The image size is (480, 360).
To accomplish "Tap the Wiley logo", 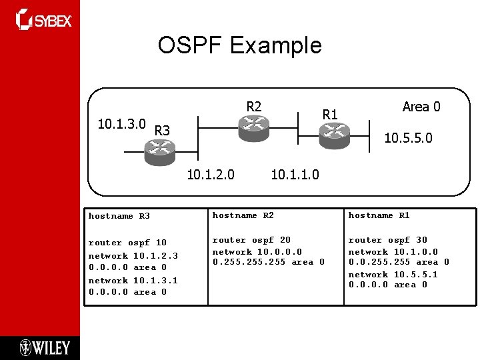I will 45,347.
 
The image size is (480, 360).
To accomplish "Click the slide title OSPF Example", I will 239,45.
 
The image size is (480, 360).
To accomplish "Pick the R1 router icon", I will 333,137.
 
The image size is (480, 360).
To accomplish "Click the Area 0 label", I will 421,107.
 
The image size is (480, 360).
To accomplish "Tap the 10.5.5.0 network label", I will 408,139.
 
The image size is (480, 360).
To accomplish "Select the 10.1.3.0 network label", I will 122,125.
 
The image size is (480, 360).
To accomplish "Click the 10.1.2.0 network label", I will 211,175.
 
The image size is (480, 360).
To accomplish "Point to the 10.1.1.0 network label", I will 295,175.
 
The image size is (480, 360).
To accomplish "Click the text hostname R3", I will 119,216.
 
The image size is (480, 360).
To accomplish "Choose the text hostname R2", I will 243,215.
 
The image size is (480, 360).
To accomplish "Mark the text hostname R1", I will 379,215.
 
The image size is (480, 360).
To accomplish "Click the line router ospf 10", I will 128,243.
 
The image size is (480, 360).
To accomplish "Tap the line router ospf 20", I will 251,240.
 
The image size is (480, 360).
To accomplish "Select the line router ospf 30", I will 388,240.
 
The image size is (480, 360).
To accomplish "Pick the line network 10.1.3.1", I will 133,281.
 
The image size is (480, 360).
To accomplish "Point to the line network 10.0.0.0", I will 257,252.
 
